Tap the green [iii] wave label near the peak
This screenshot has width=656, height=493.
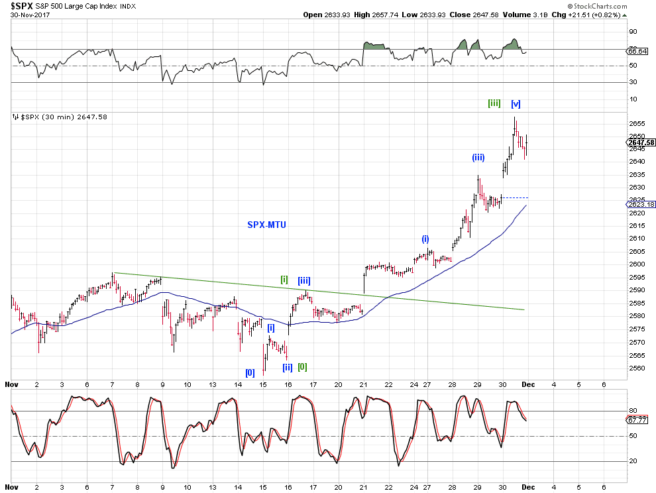[x=494, y=103]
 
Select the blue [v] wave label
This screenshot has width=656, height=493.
[x=516, y=103]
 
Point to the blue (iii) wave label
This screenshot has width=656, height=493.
[x=478, y=158]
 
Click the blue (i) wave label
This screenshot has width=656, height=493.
[x=426, y=239]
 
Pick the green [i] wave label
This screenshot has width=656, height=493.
[x=284, y=279]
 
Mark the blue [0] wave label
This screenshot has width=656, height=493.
[x=250, y=372]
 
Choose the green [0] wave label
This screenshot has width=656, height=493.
[x=302, y=366]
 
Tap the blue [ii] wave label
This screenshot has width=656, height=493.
[x=288, y=367]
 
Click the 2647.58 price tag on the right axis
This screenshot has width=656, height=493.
[x=641, y=142]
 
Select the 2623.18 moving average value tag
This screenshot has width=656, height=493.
[x=641, y=205]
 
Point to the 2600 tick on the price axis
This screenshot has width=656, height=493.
[x=636, y=264]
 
